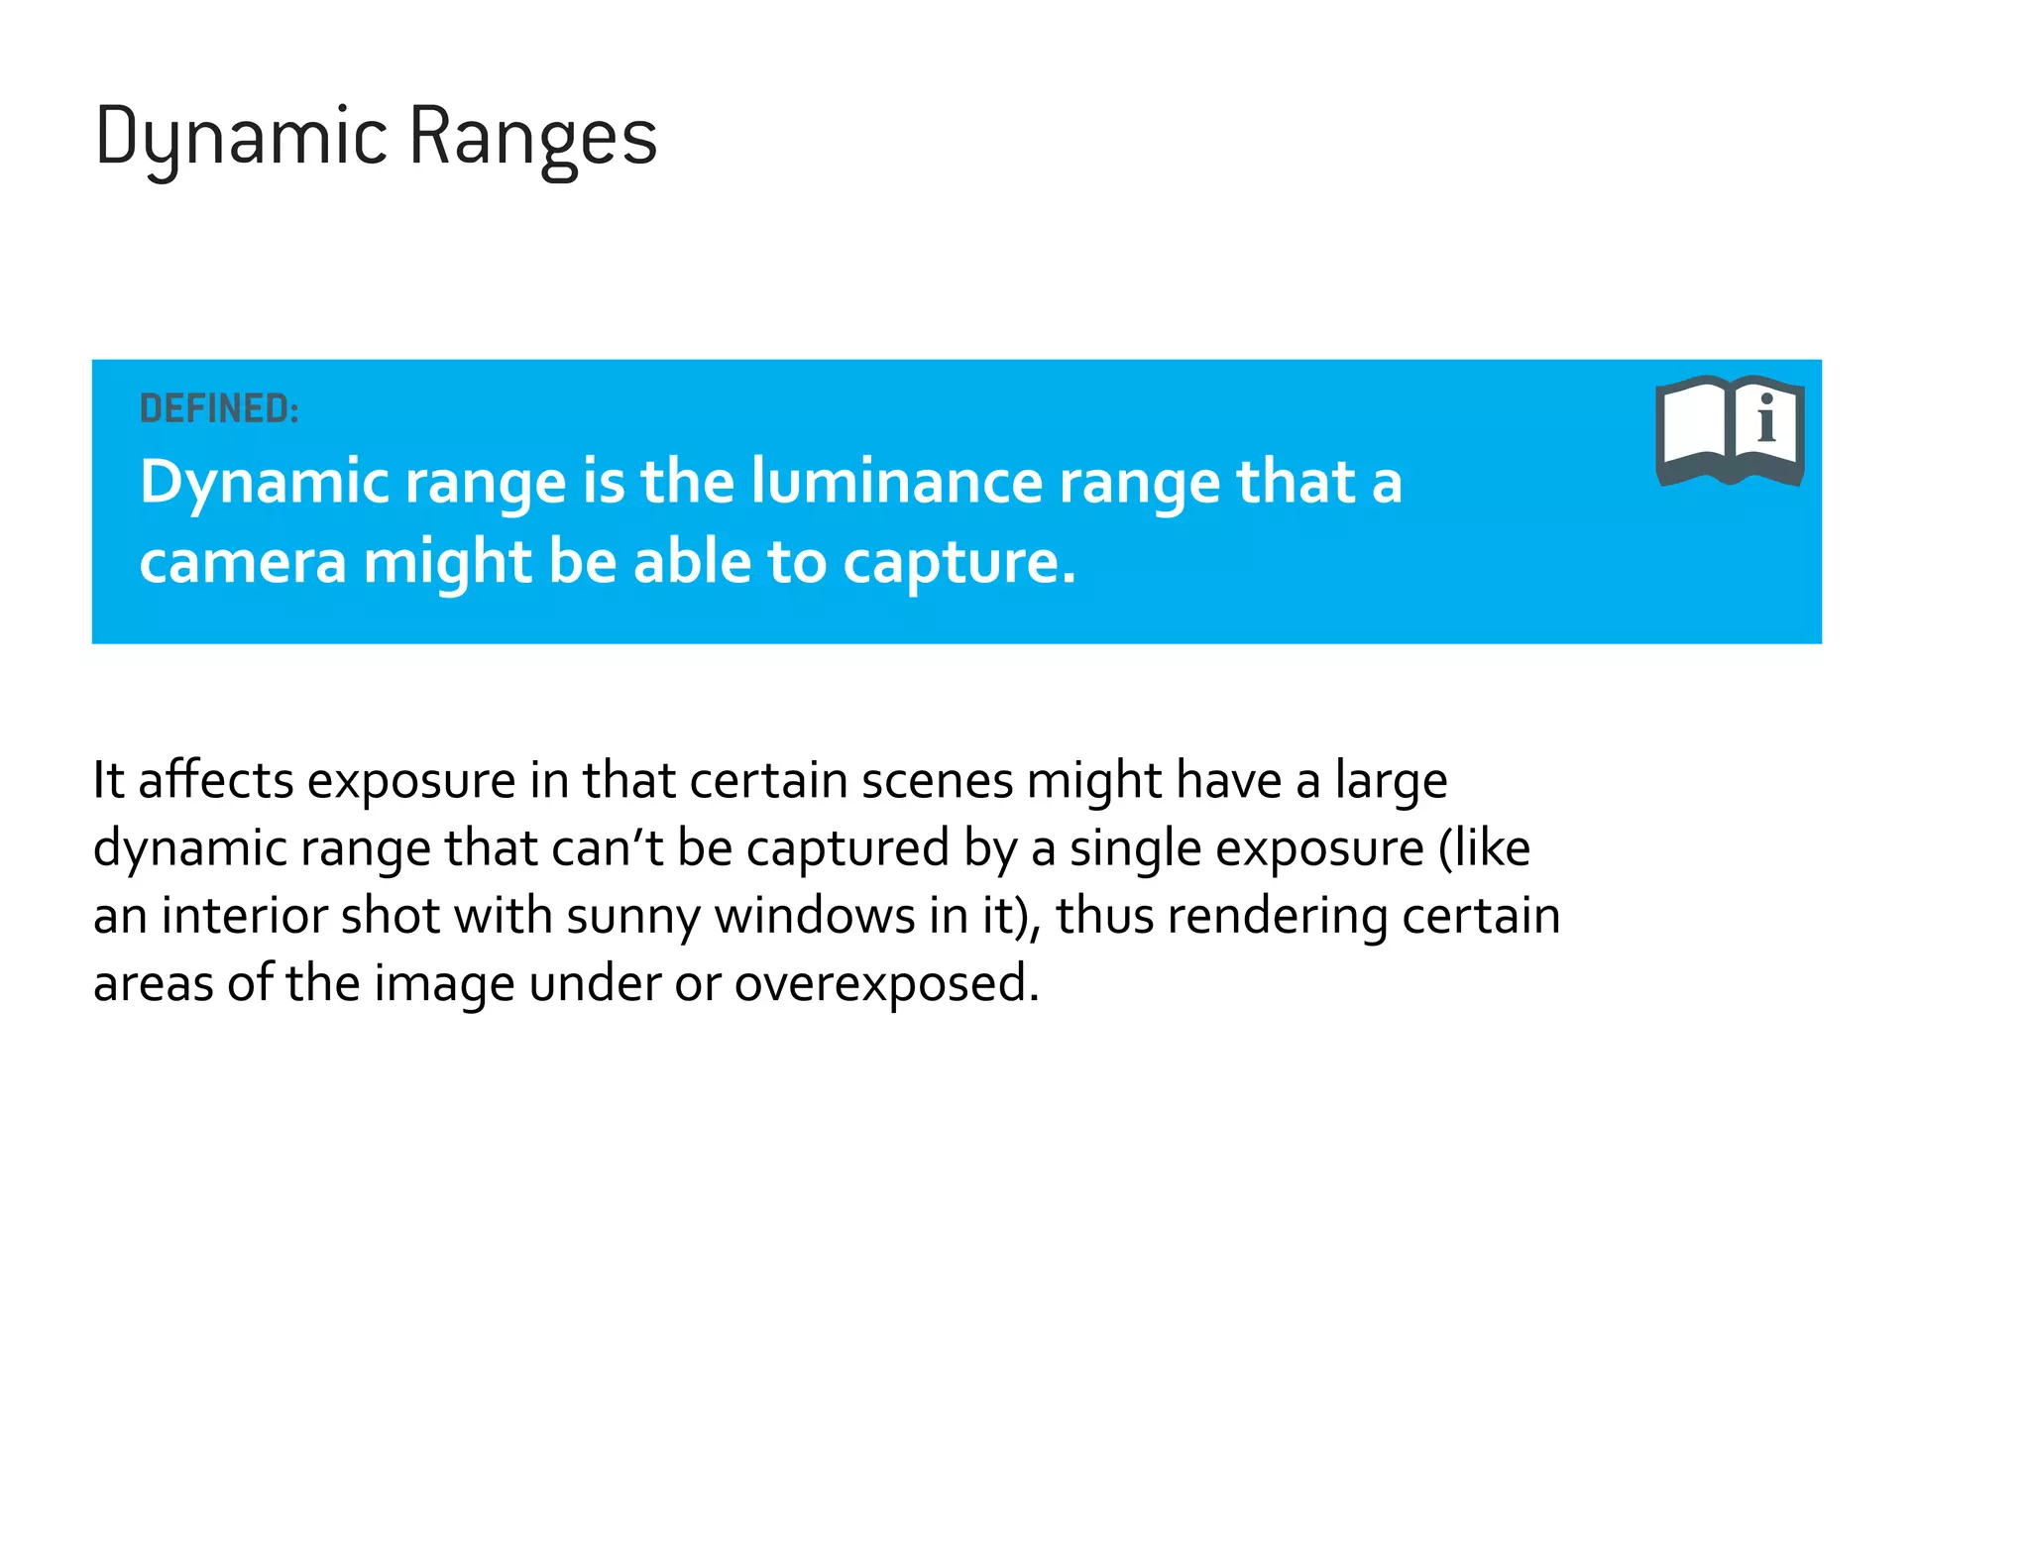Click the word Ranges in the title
click(x=532, y=137)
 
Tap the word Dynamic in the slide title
click(x=241, y=137)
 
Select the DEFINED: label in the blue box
click(x=219, y=408)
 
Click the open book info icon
click(x=1730, y=430)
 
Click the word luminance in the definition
click(x=897, y=482)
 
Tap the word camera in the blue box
click(x=242, y=562)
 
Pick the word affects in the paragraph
click(x=216, y=780)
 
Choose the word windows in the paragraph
click(x=815, y=915)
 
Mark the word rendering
click(x=1277, y=917)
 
